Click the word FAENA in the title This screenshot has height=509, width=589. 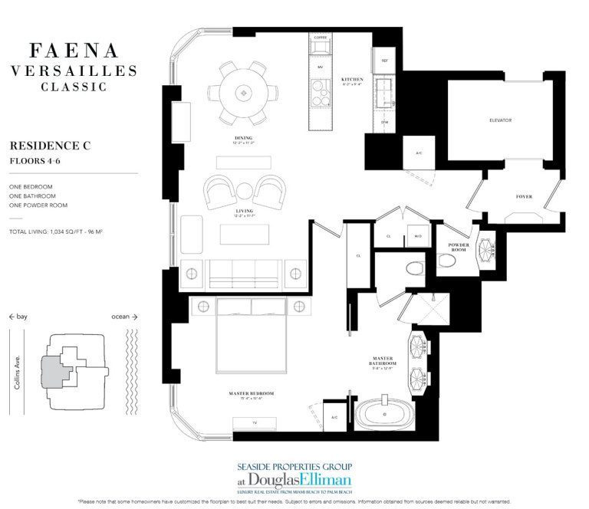click(x=74, y=51)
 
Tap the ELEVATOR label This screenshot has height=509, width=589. click(x=500, y=120)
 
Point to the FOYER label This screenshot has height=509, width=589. click(x=524, y=197)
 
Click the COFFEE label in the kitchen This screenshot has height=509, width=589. click(x=320, y=38)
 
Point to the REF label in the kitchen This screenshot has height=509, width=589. click(x=383, y=59)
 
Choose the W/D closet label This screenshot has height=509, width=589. click(x=416, y=237)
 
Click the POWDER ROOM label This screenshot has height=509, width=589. click(x=459, y=247)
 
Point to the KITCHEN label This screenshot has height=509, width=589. click(x=352, y=80)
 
